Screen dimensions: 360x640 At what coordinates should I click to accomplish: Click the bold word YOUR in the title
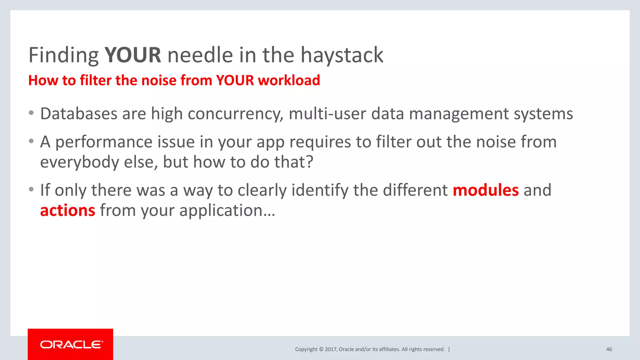tap(132, 55)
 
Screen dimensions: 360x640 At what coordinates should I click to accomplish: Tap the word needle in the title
tap(200, 55)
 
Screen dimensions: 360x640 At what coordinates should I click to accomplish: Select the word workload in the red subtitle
tap(289, 80)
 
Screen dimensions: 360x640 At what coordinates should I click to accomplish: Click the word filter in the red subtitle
tap(96, 80)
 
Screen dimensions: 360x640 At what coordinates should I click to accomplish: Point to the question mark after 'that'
tap(309, 162)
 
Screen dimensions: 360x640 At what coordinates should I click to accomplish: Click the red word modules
tap(486, 190)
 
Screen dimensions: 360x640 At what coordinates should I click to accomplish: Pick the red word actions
tap(67, 210)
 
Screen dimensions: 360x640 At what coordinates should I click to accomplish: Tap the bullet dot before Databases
tap(31, 113)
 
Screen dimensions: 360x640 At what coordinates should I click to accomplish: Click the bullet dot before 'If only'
tap(31, 189)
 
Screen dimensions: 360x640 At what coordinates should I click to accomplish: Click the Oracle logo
tap(71, 344)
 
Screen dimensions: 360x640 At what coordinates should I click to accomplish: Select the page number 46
tap(609, 349)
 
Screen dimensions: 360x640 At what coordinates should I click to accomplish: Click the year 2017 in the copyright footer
tap(331, 349)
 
